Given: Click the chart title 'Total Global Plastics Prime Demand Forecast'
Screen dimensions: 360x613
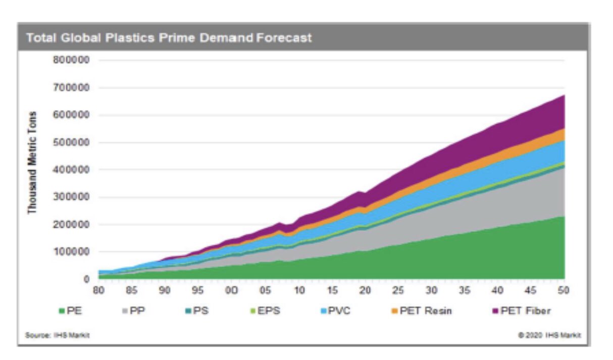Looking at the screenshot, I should pyautogui.click(x=169, y=38).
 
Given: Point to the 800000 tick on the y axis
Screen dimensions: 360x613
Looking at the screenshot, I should pyautogui.click(x=71, y=60).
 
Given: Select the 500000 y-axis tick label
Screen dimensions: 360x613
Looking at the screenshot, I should pyautogui.click(x=71, y=142).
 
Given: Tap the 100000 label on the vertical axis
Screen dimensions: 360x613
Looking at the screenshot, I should pyautogui.click(x=71, y=251).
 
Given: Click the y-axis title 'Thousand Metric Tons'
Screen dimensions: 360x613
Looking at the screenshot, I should pyautogui.click(x=33, y=162).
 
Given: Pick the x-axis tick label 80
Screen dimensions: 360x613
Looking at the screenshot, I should pyautogui.click(x=98, y=291).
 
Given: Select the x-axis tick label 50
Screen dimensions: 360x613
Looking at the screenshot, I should pyautogui.click(x=564, y=291).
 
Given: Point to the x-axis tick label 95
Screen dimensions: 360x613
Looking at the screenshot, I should pyautogui.click(x=198, y=291).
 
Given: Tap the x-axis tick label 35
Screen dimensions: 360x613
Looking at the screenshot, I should pyautogui.click(x=465, y=291).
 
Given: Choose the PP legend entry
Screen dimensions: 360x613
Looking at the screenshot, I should pyautogui.click(x=133, y=311).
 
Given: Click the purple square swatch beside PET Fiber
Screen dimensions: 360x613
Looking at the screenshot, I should pyautogui.click(x=495, y=311).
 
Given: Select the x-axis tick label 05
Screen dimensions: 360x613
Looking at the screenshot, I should pyautogui.click(x=265, y=291).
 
